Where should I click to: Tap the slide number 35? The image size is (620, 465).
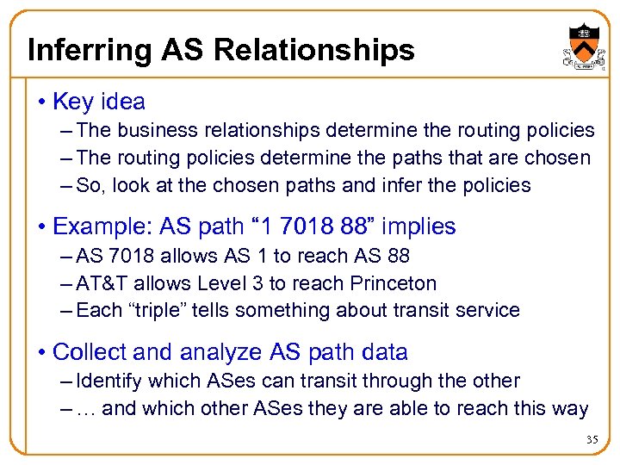tap(592, 440)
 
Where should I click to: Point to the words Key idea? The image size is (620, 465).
tap(98, 102)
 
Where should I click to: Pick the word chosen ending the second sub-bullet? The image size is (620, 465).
tap(560, 158)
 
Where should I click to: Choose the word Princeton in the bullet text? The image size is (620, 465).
tap(394, 283)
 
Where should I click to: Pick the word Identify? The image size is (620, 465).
tap(108, 381)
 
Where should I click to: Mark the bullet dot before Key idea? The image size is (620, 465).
tap(43, 102)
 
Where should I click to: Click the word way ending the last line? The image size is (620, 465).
tap(570, 409)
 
